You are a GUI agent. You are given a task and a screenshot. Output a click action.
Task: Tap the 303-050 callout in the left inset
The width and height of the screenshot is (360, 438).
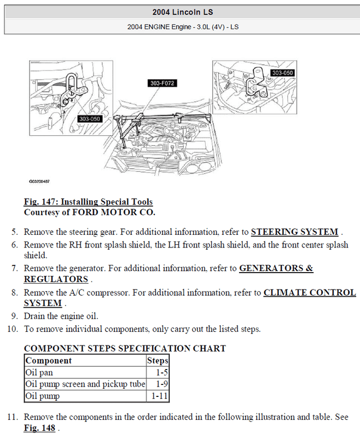point(90,118)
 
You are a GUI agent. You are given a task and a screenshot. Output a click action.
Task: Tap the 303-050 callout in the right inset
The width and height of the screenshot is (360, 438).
point(283,73)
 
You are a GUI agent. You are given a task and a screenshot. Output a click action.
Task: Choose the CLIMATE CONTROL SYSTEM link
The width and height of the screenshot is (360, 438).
point(310,293)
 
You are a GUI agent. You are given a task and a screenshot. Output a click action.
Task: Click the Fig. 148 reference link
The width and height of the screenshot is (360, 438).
point(39,427)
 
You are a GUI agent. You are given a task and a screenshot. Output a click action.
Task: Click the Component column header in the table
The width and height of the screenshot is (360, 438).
point(49,361)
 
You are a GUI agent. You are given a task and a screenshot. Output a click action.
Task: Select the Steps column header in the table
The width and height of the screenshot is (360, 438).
point(158,361)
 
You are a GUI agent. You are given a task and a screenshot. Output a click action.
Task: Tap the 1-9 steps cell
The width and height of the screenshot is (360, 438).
point(161,384)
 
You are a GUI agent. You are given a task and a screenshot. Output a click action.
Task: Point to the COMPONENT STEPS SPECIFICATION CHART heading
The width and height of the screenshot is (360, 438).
point(125,349)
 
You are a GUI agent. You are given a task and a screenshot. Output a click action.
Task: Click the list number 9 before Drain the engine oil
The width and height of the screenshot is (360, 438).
point(14,316)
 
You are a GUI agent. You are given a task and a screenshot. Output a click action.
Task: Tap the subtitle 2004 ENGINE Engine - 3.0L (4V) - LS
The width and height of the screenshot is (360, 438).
point(179,26)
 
